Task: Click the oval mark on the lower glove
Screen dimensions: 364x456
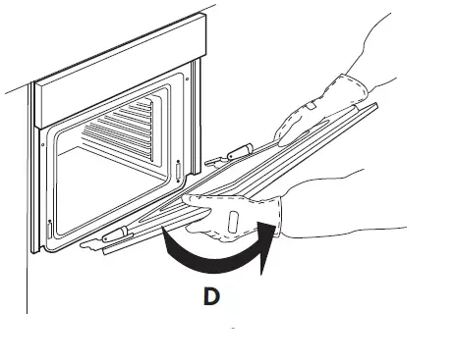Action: pyautogui.click(x=233, y=222)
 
